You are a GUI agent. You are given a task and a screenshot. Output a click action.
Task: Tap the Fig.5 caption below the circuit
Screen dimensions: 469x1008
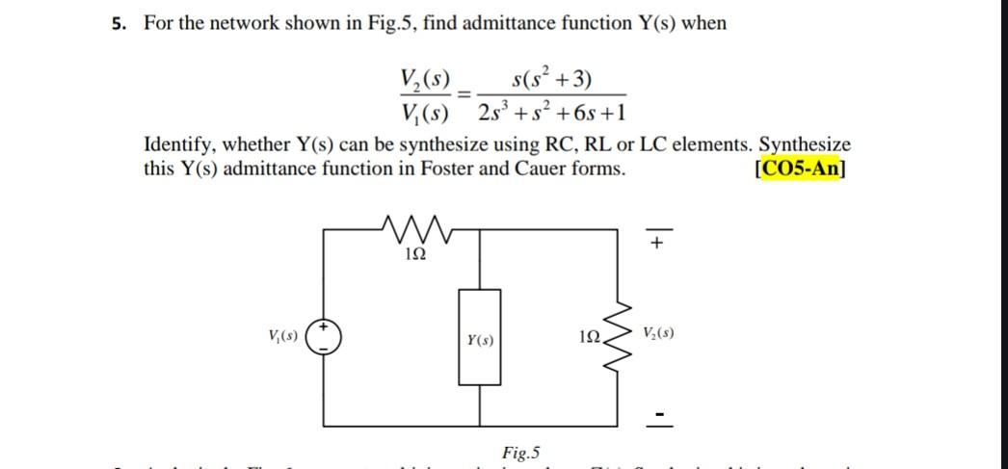point(521,452)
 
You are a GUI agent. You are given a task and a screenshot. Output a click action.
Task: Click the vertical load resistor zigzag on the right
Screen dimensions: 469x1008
point(618,337)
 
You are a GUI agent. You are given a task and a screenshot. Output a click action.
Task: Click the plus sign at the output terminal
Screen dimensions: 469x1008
point(656,243)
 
